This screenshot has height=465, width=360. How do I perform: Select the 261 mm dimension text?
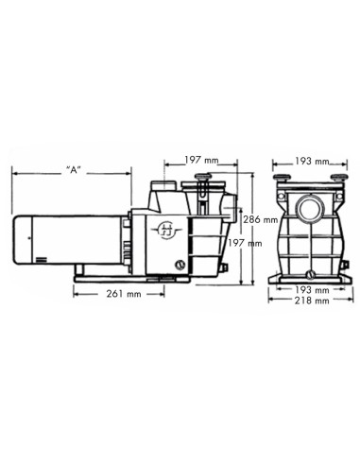tap(123, 294)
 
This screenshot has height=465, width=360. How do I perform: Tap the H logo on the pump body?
tap(166, 228)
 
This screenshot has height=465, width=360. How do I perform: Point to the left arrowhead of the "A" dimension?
tap(13, 172)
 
